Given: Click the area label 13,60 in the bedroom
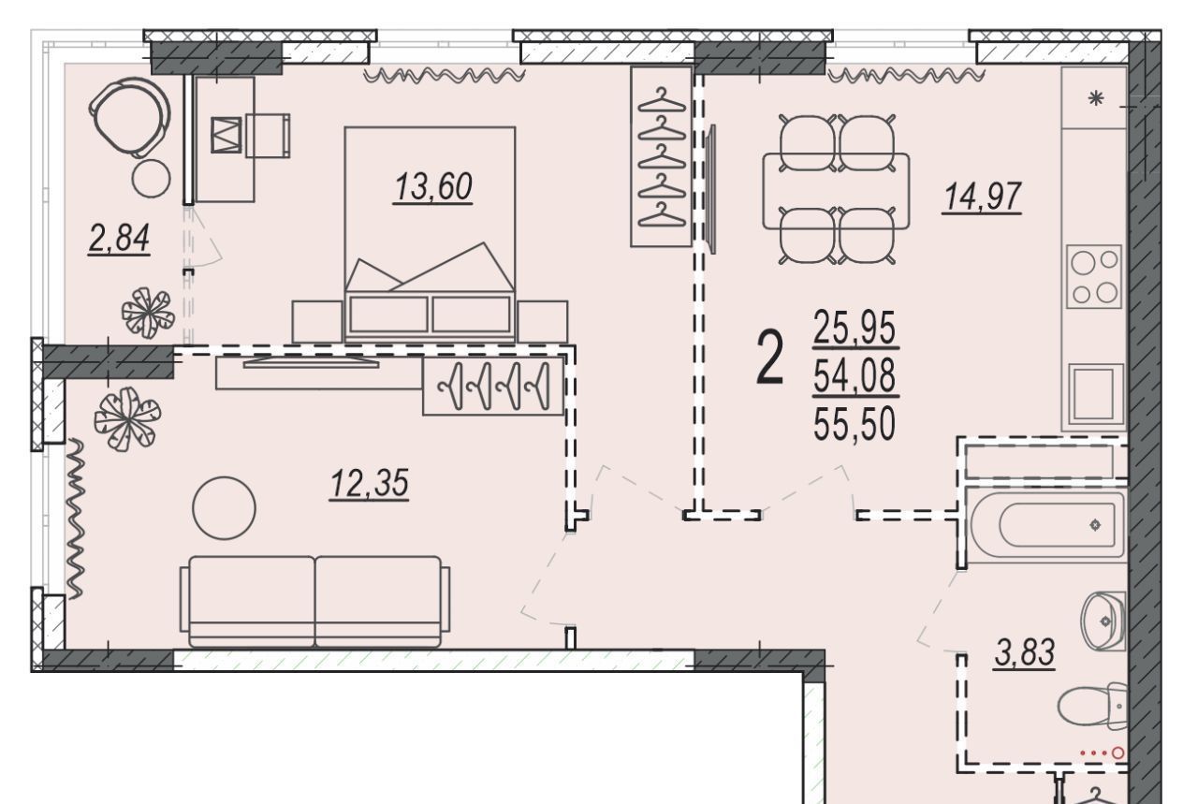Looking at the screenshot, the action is click(433, 187).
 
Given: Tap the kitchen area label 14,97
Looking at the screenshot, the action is click(983, 197).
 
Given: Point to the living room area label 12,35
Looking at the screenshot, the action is click(369, 483).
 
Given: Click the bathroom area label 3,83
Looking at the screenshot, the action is click(1025, 652).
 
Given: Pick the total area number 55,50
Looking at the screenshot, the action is click(855, 425).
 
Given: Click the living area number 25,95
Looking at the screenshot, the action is click(855, 328).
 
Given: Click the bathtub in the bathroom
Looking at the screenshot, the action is click(1047, 525).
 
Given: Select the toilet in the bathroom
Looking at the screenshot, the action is click(1092, 705).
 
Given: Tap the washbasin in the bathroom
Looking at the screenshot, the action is click(1103, 621).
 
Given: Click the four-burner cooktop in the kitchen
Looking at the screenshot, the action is click(1094, 276).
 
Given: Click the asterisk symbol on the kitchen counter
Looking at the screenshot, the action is click(1096, 99).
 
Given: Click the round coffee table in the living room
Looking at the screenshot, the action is click(224, 507).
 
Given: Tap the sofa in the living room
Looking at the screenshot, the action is click(315, 601).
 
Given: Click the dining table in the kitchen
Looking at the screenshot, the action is click(836, 191).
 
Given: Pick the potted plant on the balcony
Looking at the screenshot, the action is click(148, 313).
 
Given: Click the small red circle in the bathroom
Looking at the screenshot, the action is click(1118, 753).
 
